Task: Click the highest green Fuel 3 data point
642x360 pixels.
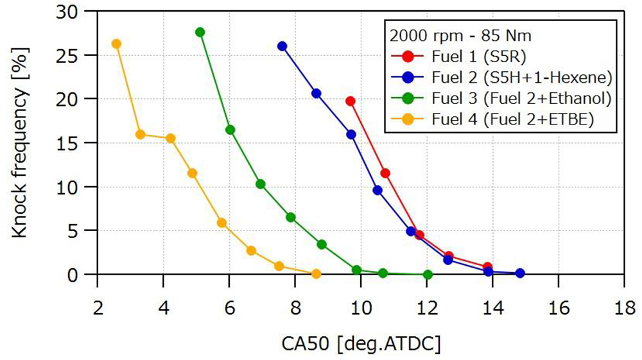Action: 200,32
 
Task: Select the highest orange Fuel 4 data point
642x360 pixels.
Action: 116,44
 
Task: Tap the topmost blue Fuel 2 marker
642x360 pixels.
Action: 282,46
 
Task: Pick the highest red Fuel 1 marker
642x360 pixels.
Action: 350,101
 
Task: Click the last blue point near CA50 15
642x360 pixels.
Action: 520,273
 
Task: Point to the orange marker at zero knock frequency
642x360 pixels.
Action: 316,274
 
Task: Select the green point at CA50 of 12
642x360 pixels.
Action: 428,275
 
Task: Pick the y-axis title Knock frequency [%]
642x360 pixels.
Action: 21,143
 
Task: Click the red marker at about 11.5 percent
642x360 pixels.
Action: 385,173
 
